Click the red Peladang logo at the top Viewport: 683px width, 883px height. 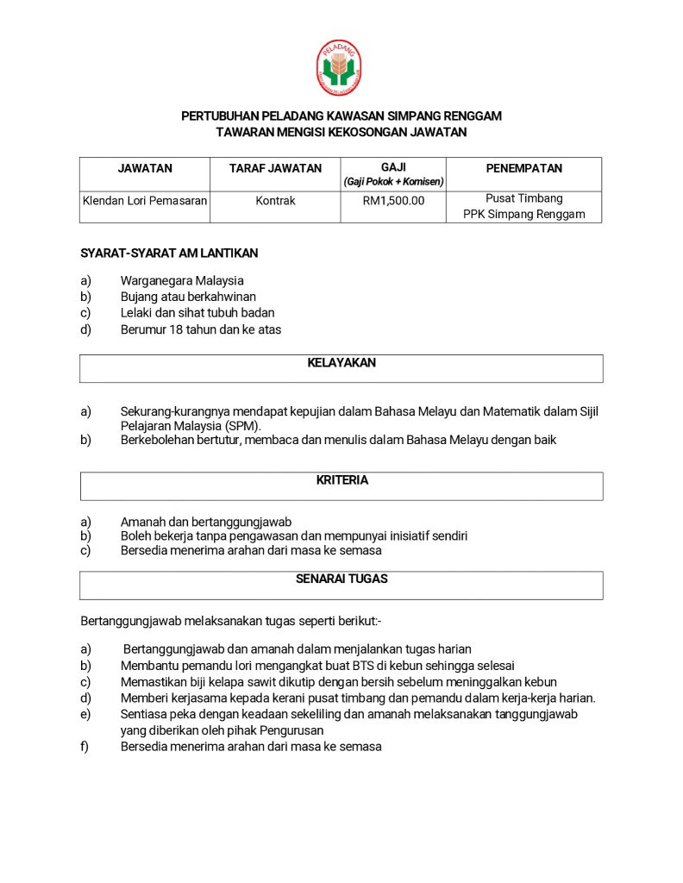[x=339, y=67]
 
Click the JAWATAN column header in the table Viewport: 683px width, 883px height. [x=145, y=169]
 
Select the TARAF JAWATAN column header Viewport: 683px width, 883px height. [x=275, y=169]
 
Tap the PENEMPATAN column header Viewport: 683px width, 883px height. [x=523, y=169]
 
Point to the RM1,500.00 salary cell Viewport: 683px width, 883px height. [x=393, y=201]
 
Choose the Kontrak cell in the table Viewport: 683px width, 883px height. [x=275, y=201]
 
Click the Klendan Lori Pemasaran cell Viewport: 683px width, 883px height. [x=145, y=201]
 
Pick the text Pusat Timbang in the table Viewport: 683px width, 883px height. [x=523, y=198]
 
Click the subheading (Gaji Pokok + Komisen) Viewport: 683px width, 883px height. [x=393, y=182]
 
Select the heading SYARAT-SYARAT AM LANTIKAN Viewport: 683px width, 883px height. [x=169, y=254]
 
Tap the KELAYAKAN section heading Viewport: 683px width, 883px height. [x=341, y=363]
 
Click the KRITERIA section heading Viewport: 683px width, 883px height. [x=341, y=480]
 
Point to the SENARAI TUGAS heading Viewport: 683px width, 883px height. [x=341, y=579]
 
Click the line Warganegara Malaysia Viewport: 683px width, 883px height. [x=182, y=280]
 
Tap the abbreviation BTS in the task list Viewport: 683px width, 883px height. [x=362, y=665]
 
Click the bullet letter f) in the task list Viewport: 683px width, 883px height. [x=85, y=747]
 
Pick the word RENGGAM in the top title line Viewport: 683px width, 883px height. [x=473, y=116]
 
